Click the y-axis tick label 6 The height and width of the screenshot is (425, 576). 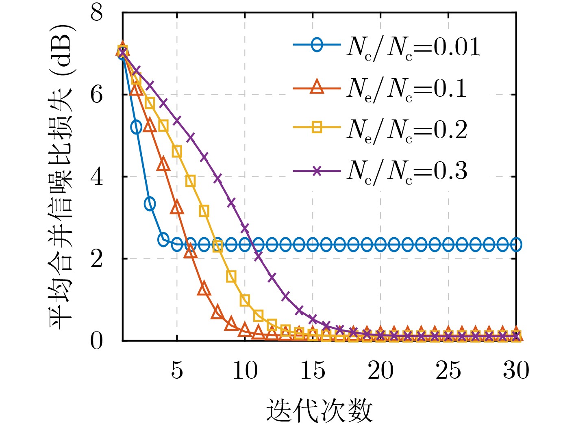(x=97, y=95)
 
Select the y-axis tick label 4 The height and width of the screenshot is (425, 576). (x=97, y=177)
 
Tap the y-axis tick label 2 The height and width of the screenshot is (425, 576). (x=97, y=259)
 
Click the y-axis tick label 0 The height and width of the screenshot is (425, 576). (x=97, y=340)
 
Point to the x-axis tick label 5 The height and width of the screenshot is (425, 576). (x=177, y=371)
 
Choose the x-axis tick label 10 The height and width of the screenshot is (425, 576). (x=245, y=371)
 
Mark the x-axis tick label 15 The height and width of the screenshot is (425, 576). (x=313, y=371)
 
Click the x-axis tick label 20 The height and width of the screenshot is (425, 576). (x=380, y=371)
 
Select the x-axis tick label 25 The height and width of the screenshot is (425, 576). (x=448, y=371)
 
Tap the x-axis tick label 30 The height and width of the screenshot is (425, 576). (x=516, y=371)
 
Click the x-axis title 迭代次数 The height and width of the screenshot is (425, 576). (x=320, y=410)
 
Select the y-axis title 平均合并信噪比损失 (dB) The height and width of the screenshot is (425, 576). (x=62, y=177)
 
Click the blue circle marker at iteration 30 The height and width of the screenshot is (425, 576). (x=516, y=245)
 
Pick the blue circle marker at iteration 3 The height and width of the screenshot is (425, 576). (x=150, y=204)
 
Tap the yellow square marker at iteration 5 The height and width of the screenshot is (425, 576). (x=177, y=152)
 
